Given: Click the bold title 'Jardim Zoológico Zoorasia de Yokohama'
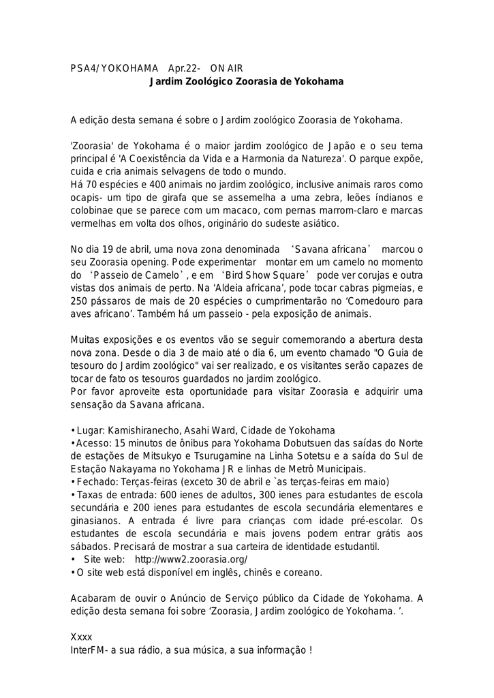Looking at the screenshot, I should tap(247, 82).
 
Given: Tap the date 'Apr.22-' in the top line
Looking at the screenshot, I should tap(184, 69).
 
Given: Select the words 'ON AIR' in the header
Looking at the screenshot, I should tap(226, 69).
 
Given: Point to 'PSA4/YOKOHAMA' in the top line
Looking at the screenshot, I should tap(114, 69).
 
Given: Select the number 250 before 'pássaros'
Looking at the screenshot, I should tap(80, 301).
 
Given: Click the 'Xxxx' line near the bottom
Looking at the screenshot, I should tap(81, 637).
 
